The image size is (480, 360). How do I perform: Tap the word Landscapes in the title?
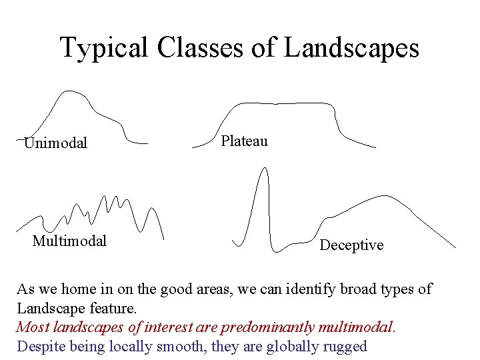pos(351,48)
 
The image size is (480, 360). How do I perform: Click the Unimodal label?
pos(55,143)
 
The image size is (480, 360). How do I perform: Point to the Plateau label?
pos(244,141)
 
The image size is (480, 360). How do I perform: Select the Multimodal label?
pos(69,241)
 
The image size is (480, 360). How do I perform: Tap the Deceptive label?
pos(351,245)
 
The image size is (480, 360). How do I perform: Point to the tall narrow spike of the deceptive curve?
pos(264,169)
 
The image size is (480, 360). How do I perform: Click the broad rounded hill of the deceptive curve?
pos(381,197)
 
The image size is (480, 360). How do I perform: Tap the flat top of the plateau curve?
pos(280,104)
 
